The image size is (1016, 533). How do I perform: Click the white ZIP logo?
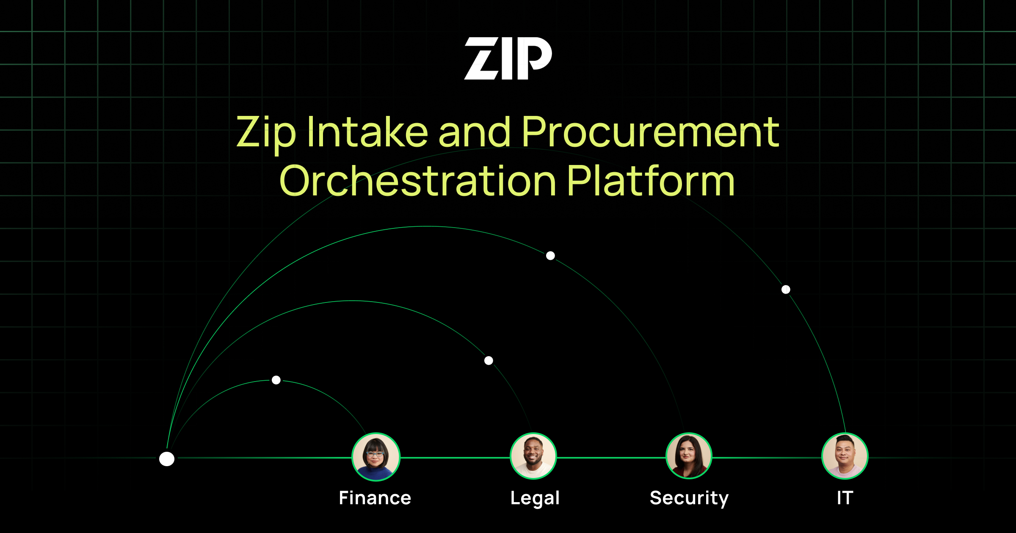pos(508,58)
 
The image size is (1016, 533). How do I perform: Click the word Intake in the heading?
pos(367,132)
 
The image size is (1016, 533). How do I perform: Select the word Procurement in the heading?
pos(650,132)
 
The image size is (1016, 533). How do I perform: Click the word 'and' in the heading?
pos(475,132)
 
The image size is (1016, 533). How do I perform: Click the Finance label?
pos(375,498)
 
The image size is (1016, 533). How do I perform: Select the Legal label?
pos(535,498)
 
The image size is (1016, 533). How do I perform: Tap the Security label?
pos(689,498)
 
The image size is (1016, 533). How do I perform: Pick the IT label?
pos(845,498)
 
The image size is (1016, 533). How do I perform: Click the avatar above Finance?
pos(376,457)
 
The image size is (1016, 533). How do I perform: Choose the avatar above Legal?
pos(533,456)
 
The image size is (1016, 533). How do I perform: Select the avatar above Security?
pos(689,456)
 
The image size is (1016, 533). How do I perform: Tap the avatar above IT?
pos(845,456)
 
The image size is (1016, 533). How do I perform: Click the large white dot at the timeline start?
pos(167,459)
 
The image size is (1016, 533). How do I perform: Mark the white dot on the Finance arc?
pos(276,380)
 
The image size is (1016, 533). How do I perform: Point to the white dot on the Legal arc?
pos(489,360)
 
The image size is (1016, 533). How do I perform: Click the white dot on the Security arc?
pos(550,256)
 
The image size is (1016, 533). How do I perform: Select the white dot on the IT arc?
pos(786,289)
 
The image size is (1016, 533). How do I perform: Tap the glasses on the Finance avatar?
pos(375,454)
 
